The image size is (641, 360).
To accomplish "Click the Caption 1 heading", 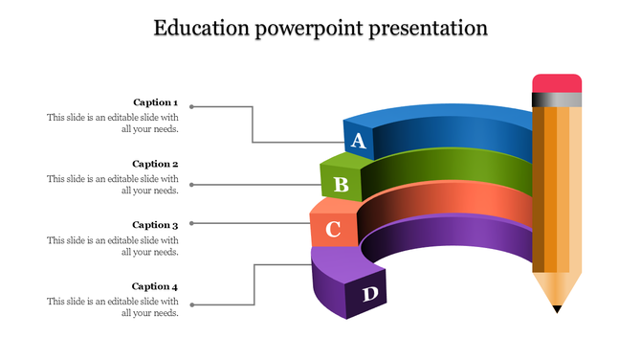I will [155, 102].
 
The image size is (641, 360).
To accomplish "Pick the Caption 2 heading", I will [155, 164].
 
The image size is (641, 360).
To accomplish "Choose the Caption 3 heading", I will [155, 225].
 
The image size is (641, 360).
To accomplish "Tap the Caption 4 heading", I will [155, 286].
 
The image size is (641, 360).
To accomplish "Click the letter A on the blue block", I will [359, 142].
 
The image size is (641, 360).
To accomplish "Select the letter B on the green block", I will [341, 184].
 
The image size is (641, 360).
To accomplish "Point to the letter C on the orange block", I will [333, 230].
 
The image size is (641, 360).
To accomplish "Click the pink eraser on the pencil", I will [557, 82].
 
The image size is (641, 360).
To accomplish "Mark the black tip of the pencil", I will [557, 308].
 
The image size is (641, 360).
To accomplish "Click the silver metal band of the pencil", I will [557, 99].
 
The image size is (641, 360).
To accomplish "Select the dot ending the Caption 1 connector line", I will [191, 105].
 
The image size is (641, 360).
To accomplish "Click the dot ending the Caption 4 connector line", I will [191, 305].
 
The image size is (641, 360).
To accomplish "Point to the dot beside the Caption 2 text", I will [191, 184].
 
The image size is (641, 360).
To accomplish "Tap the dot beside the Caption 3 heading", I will [191, 224].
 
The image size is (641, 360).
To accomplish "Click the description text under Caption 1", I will [113, 123].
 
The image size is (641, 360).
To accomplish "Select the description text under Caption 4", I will [113, 306].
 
